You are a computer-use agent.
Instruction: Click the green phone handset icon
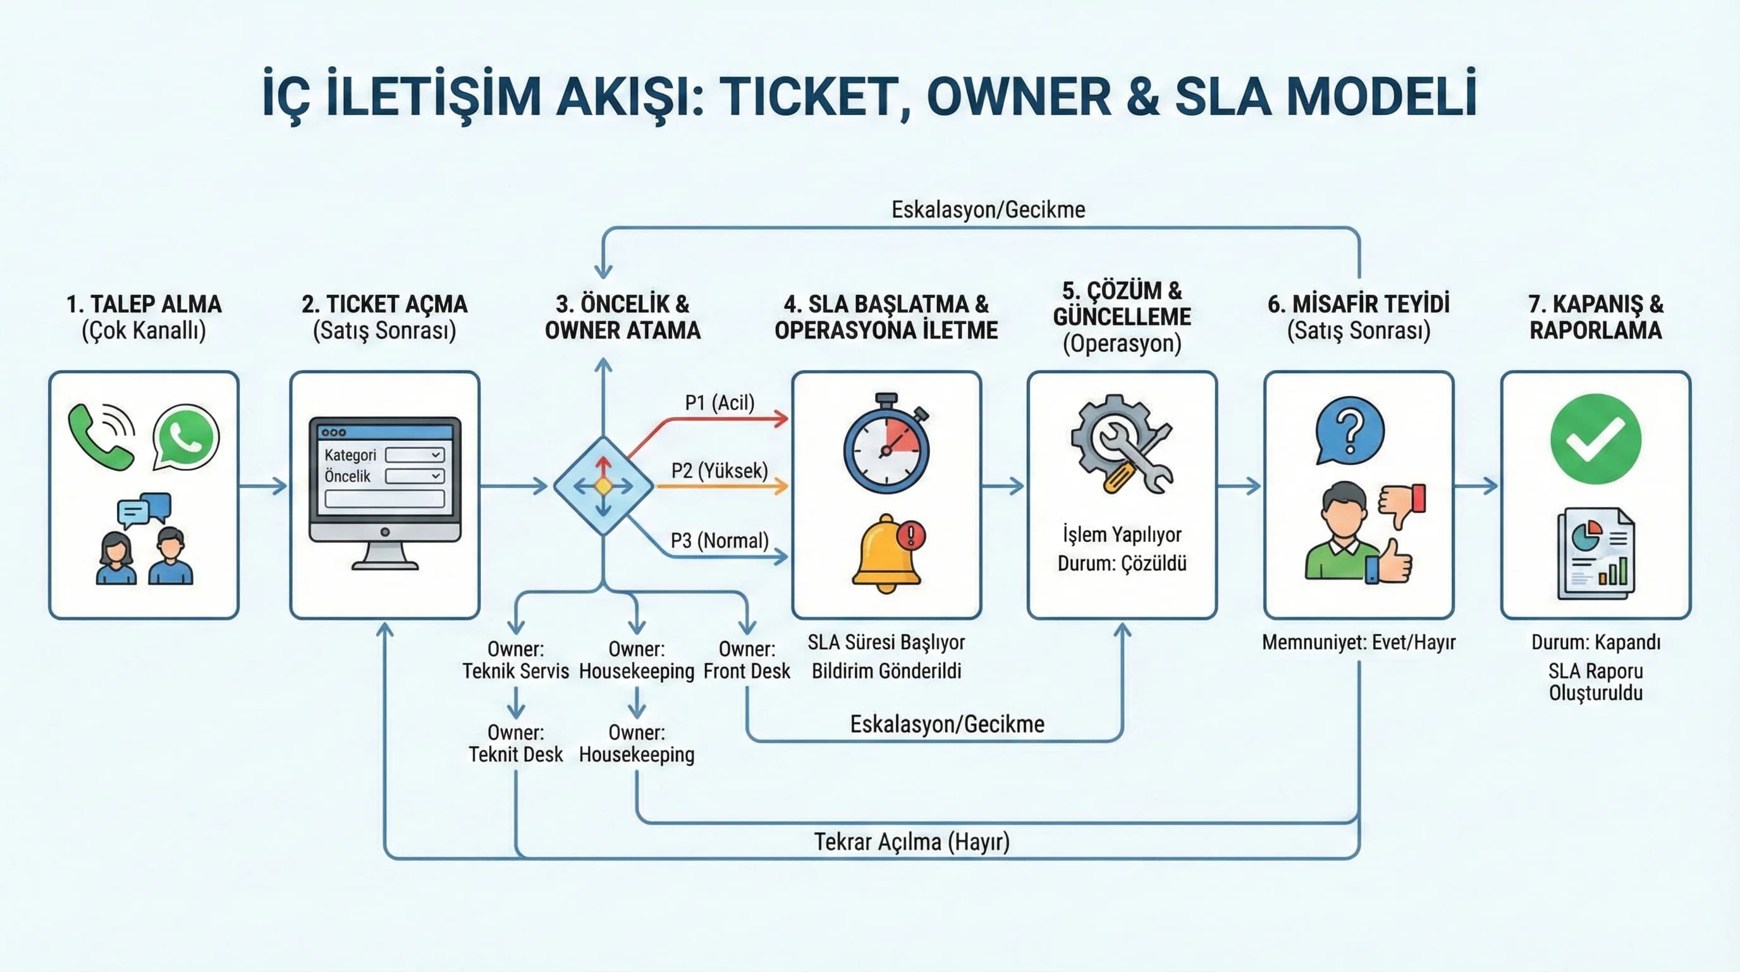[x=99, y=438]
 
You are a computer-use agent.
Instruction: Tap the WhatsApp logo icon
[x=186, y=437]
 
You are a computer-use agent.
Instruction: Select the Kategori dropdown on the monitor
[x=414, y=455]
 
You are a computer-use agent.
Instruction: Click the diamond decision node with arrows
[x=603, y=486]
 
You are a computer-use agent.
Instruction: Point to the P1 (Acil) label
[x=720, y=403]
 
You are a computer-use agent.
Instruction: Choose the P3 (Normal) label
[x=720, y=541]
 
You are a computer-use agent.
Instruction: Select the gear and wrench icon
[x=1122, y=445]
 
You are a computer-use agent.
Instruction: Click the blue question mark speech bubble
[x=1350, y=431]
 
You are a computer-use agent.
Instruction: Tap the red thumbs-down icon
[x=1402, y=504]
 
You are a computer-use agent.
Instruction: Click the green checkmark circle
[x=1595, y=439]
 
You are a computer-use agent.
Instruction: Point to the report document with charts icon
[x=1595, y=554]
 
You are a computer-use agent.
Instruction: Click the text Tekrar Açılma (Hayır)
[x=911, y=842]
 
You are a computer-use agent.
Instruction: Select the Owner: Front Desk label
[x=746, y=660]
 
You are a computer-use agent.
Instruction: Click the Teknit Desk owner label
[x=515, y=744]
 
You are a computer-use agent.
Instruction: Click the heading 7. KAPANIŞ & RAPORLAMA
[x=1595, y=317]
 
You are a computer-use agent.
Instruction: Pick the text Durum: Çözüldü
[x=1122, y=564]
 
